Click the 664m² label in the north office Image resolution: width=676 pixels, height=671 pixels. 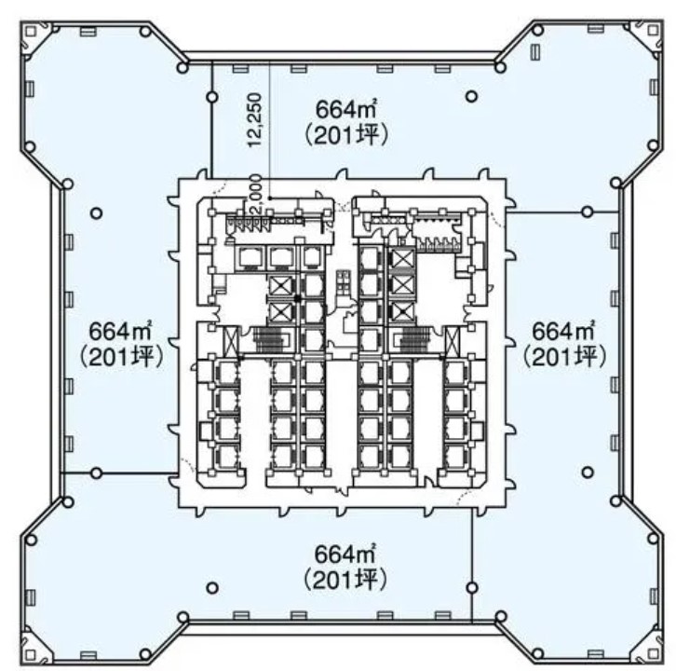point(346,109)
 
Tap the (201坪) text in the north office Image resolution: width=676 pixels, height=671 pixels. point(346,135)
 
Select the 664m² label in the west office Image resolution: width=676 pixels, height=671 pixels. point(120,332)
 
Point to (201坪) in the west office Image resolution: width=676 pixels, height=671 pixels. point(121,357)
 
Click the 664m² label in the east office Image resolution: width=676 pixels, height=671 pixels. point(564,331)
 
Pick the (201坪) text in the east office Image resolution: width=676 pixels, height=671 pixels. point(564,356)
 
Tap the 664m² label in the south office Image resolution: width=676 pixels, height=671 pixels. point(345,555)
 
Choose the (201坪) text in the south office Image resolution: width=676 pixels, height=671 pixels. point(345,580)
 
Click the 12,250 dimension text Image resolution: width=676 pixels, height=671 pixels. point(255,119)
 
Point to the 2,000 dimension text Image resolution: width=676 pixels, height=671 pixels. point(255,194)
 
